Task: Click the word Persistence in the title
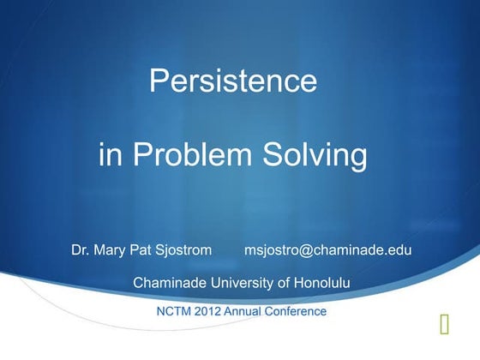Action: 233,81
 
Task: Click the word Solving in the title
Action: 316,157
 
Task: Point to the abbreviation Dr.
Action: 81,251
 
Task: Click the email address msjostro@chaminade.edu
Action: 328,251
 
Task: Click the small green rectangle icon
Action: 443,324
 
